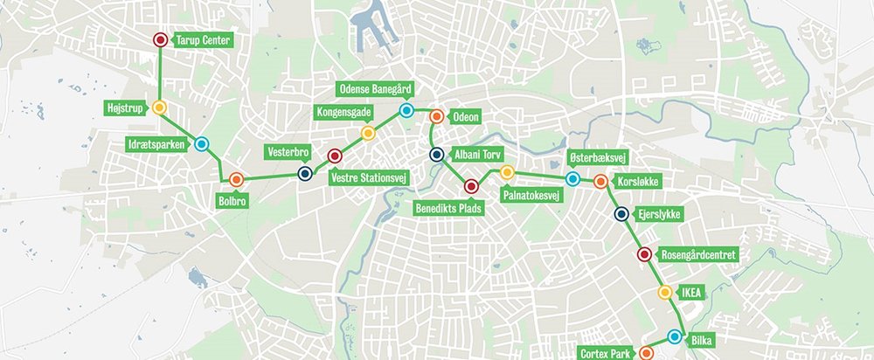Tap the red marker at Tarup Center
point(160,40)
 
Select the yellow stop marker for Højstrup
point(159,107)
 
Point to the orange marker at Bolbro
point(236,179)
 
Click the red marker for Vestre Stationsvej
point(334,156)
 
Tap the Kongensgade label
point(343,113)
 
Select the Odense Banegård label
point(375,89)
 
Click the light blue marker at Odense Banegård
point(406,111)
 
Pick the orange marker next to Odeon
point(436,114)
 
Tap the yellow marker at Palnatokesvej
point(507,171)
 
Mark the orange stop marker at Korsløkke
point(600,182)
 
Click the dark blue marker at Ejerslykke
point(621,214)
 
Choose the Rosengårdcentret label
point(701,254)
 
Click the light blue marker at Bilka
point(675,336)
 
